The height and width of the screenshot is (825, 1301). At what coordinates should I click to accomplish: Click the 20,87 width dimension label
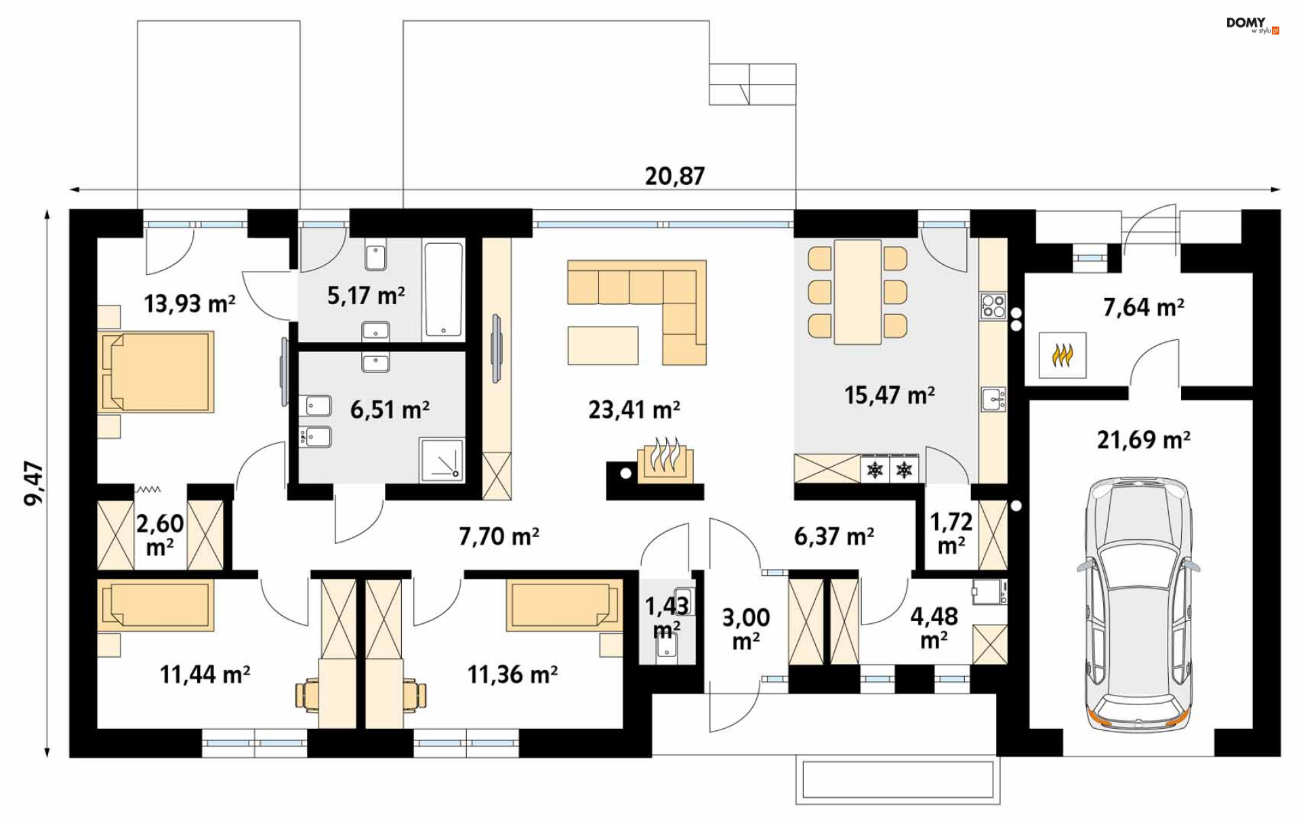click(x=674, y=176)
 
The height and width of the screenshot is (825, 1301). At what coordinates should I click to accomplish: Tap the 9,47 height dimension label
click(x=34, y=484)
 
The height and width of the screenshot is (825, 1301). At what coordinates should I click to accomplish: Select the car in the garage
click(x=1138, y=605)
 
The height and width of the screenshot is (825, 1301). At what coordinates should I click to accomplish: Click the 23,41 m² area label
click(x=634, y=410)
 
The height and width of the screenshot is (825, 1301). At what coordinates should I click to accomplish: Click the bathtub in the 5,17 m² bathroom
click(x=444, y=290)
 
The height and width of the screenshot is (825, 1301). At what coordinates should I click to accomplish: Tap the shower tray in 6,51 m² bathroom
click(x=442, y=460)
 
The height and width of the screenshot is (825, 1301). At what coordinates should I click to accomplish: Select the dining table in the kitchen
click(x=858, y=293)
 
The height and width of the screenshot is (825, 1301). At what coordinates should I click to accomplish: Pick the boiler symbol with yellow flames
click(x=1062, y=354)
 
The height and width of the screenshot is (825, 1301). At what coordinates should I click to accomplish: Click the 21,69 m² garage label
click(x=1144, y=440)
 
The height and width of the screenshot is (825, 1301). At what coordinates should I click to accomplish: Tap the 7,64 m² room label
click(x=1144, y=308)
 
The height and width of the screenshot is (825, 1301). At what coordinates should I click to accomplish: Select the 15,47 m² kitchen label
click(x=890, y=395)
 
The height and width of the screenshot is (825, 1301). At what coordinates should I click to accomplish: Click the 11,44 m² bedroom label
click(x=205, y=675)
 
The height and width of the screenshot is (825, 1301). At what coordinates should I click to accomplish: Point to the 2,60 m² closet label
click(x=160, y=534)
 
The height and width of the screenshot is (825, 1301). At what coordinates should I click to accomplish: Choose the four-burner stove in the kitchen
click(x=993, y=306)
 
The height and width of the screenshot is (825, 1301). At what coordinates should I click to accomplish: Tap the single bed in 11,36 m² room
click(x=564, y=605)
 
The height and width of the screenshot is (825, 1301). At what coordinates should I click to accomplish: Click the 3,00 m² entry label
click(x=745, y=628)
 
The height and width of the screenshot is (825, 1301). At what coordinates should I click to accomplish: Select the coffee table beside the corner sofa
click(x=603, y=345)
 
